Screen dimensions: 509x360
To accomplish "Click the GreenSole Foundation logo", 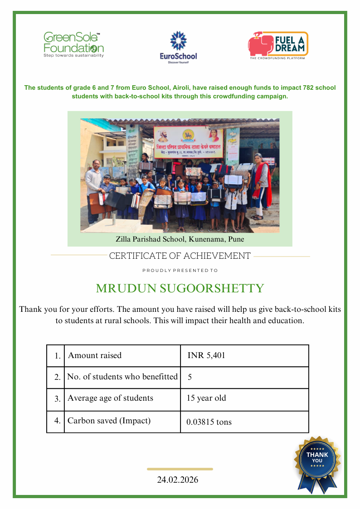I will point(73,45).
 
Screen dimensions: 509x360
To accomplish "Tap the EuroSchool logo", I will point(179,48).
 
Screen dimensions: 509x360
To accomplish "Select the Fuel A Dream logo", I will point(278,46).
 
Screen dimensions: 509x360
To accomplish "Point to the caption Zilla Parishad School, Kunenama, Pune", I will point(180,239).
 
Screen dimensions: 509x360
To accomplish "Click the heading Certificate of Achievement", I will point(180,256).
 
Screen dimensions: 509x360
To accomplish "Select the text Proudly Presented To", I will point(180,271).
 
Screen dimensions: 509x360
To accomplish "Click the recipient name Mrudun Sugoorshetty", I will point(180,289).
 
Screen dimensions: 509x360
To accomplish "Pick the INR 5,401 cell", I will point(206,355).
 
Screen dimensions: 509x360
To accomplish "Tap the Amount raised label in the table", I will point(95,355).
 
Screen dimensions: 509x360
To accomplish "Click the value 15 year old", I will point(206,398).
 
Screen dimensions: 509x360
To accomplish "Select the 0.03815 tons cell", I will point(209,422).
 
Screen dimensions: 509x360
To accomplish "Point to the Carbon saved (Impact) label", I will point(109,421).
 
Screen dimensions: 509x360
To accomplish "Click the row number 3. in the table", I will point(57,399).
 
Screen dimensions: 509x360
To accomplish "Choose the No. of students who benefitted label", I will point(122,377).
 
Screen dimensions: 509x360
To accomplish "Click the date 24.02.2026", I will point(178,480).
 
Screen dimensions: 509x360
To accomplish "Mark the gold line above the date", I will point(180,469).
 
